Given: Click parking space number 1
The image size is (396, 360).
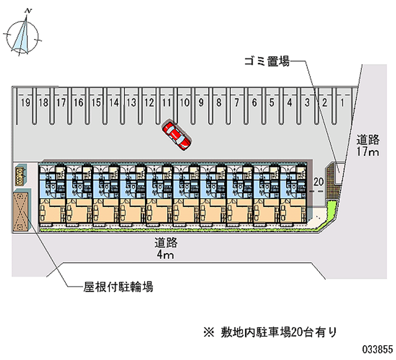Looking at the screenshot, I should click(342, 103).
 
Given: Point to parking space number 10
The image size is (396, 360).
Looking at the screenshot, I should click(184, 103).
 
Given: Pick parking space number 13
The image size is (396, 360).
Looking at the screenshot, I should click(131, 103).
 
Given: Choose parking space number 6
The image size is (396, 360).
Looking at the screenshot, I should click(254, 103).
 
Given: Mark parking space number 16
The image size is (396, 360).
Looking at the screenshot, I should click(78, 103).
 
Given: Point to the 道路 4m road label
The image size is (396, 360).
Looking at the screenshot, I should click(165, 249).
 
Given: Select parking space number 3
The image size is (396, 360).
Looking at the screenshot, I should click(307, 103).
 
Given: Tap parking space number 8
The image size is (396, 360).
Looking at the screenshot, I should click(219, 103).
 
